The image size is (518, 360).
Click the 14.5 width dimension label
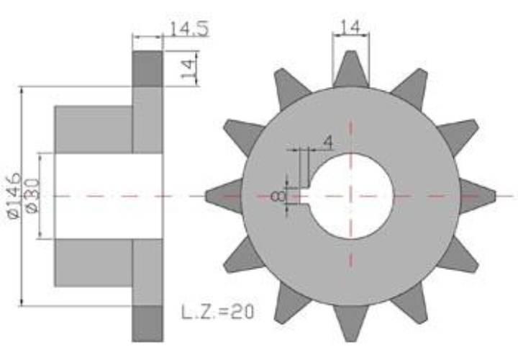(189, 28)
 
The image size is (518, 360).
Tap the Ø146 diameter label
(14, 196)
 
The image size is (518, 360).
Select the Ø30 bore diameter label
(32, 196)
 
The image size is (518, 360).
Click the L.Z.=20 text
(218, 312)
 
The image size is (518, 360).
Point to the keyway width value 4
(327, 142)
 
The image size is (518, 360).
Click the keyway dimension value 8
(278, 197)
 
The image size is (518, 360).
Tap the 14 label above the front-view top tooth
(350, 27)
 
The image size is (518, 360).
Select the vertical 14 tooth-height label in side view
(188, 68)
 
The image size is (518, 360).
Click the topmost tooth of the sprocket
(351, 69)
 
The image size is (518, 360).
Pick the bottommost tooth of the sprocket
(351, 323)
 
